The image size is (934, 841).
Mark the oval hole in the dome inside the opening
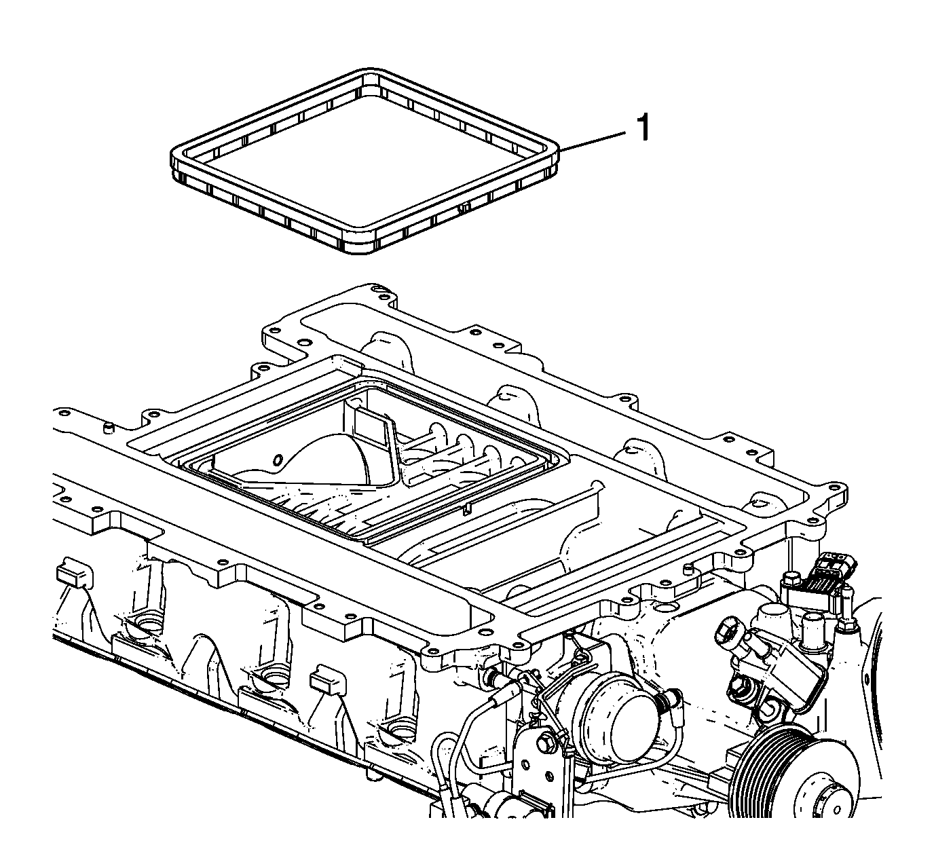[x=278, y=460]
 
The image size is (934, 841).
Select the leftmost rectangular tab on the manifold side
[x=74, y=576]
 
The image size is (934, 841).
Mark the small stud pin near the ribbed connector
[x=686, y=569]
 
